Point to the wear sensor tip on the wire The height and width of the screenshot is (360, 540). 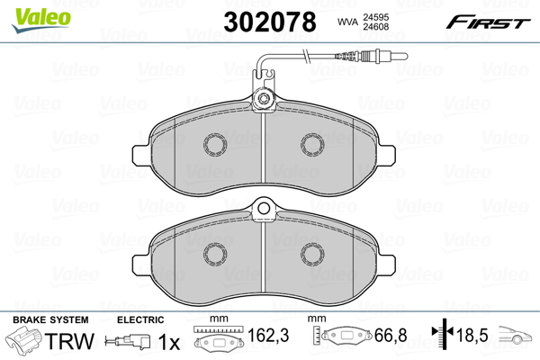(x=379, y=63)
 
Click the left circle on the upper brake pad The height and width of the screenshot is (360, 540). (x=215, y=143)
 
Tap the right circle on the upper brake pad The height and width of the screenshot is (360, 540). (x=312, y=143)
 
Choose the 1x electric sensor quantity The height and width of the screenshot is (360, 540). (x=169, y=342)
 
